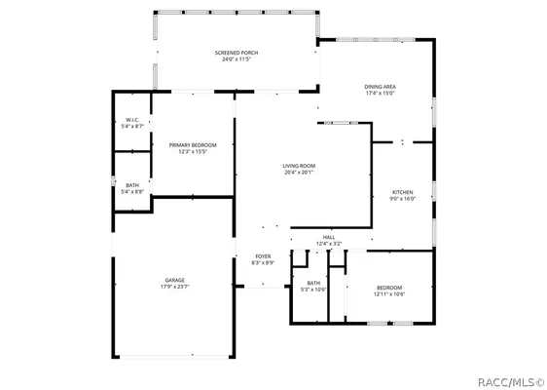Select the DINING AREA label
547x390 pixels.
point(381,87)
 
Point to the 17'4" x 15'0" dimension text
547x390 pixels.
point(381,94)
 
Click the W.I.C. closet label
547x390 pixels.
point(132,120)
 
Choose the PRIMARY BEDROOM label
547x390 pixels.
point(193,145)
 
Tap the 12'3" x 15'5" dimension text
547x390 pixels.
point(193,152)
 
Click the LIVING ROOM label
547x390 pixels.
point(299,166)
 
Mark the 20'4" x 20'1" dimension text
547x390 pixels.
point(299,173)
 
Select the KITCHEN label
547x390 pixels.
point(403,192)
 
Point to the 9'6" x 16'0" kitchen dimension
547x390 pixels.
point(403,199)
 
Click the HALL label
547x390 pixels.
point(329,236)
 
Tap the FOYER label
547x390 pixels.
point(263,256)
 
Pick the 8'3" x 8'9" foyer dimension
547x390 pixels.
point(263,263)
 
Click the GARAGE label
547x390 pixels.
point(175,280)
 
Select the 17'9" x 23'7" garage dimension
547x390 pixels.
point(175,287)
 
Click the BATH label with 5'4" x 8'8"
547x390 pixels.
point(132,185)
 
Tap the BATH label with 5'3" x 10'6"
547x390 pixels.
point(313,283)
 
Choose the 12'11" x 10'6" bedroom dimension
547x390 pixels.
point(389,293)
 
